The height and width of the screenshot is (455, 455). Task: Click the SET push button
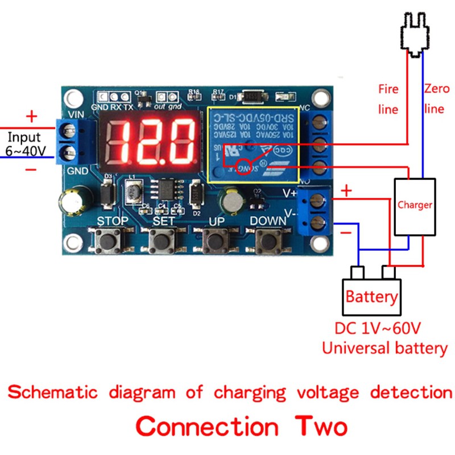click(x=163, y=242)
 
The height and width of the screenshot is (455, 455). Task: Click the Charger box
click(x=415, y=206)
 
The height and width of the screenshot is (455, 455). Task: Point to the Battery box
click(x=371, y=296)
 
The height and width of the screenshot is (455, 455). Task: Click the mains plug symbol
click(x=414, y=34)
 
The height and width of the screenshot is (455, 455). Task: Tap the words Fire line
click(x=388, y=98)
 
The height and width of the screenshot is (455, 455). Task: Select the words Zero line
click(x=436, y=98)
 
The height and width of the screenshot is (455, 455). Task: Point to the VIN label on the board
click(x=76, y=113)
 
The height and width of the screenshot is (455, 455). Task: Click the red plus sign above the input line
click(x=31, y=117)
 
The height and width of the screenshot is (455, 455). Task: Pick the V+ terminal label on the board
click(x=290, y=193)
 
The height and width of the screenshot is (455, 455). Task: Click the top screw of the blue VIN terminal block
click(x=71, y=133)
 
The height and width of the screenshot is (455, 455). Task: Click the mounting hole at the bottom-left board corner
click(x=73, y=245)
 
